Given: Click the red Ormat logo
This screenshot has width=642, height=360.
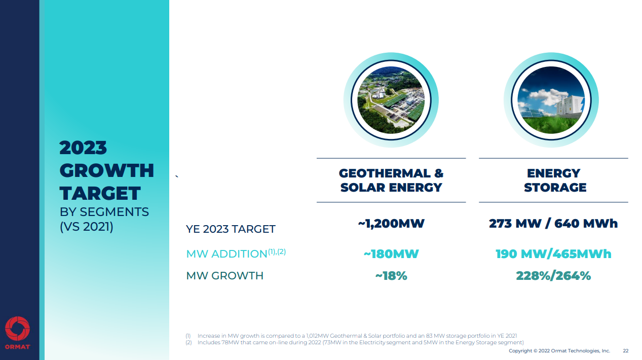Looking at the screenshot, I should click(x=18, y=330).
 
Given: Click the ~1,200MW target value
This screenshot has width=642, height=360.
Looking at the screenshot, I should click(x=391, y=224).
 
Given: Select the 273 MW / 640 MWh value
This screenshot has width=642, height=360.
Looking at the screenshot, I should click(x=553, y=224).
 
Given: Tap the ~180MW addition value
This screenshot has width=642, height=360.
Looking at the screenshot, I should click(x=391, y=254).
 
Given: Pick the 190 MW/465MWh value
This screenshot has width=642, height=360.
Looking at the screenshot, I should click(x=553, y=254).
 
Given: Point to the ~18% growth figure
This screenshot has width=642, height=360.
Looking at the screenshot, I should click(x=391, y=276).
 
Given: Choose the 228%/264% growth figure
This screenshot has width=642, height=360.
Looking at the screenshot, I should click(x=553, y=276).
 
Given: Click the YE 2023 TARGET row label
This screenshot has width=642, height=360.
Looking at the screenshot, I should click(x=231, y=229).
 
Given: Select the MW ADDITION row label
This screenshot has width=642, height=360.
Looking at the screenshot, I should click(x=226, y=254).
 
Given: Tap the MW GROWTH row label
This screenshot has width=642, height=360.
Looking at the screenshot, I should click(x=225, y=276).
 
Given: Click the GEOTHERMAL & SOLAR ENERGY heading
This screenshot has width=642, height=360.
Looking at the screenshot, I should click(x=391, y=181).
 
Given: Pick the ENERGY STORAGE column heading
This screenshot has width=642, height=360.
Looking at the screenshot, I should click(x=555, y=181).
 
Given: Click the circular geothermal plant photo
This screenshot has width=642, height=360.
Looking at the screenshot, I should click(x=391, y=100).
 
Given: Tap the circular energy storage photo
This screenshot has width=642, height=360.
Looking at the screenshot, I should click(x=551, y=100).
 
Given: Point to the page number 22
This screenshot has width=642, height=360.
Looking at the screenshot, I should click(x=626, y=351).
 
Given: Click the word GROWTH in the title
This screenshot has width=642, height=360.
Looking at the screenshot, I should click(x=106, y=171).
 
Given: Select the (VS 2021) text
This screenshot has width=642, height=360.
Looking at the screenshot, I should click(x=86, y=227).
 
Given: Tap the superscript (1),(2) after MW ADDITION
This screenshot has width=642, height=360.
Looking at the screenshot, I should click(x=277, y=251).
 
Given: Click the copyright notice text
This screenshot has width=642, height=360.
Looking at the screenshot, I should click(x=559, y=351).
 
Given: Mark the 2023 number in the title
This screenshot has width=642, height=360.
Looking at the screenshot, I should click(x=83, y=148).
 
